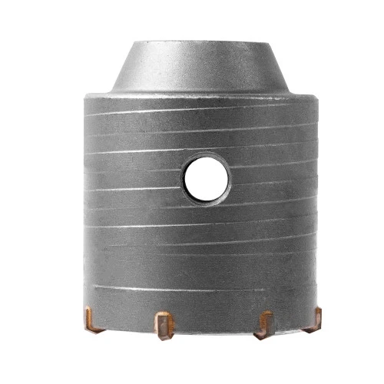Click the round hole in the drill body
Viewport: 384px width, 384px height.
(x=206, y=177)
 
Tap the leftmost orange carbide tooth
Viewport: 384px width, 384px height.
(x=91, y=317)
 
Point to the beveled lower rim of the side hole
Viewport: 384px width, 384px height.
(x=206, y=198)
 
